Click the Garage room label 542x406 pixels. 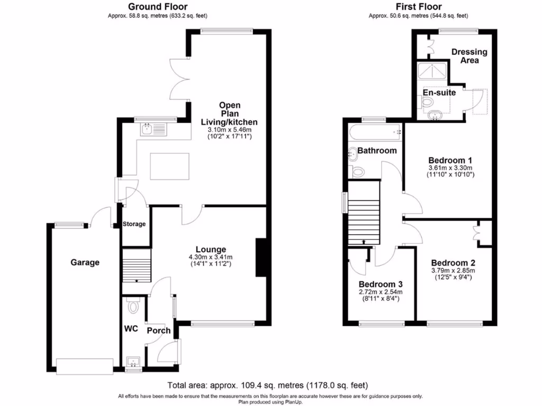85,262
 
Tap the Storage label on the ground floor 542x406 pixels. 134,224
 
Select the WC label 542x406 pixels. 131,329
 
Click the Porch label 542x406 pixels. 158,331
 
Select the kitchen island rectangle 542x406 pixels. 169,166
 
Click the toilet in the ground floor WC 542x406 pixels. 132,306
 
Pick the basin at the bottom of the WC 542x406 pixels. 132,362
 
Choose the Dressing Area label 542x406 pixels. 469,56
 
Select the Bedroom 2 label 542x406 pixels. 453,263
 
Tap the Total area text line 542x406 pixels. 267,385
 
